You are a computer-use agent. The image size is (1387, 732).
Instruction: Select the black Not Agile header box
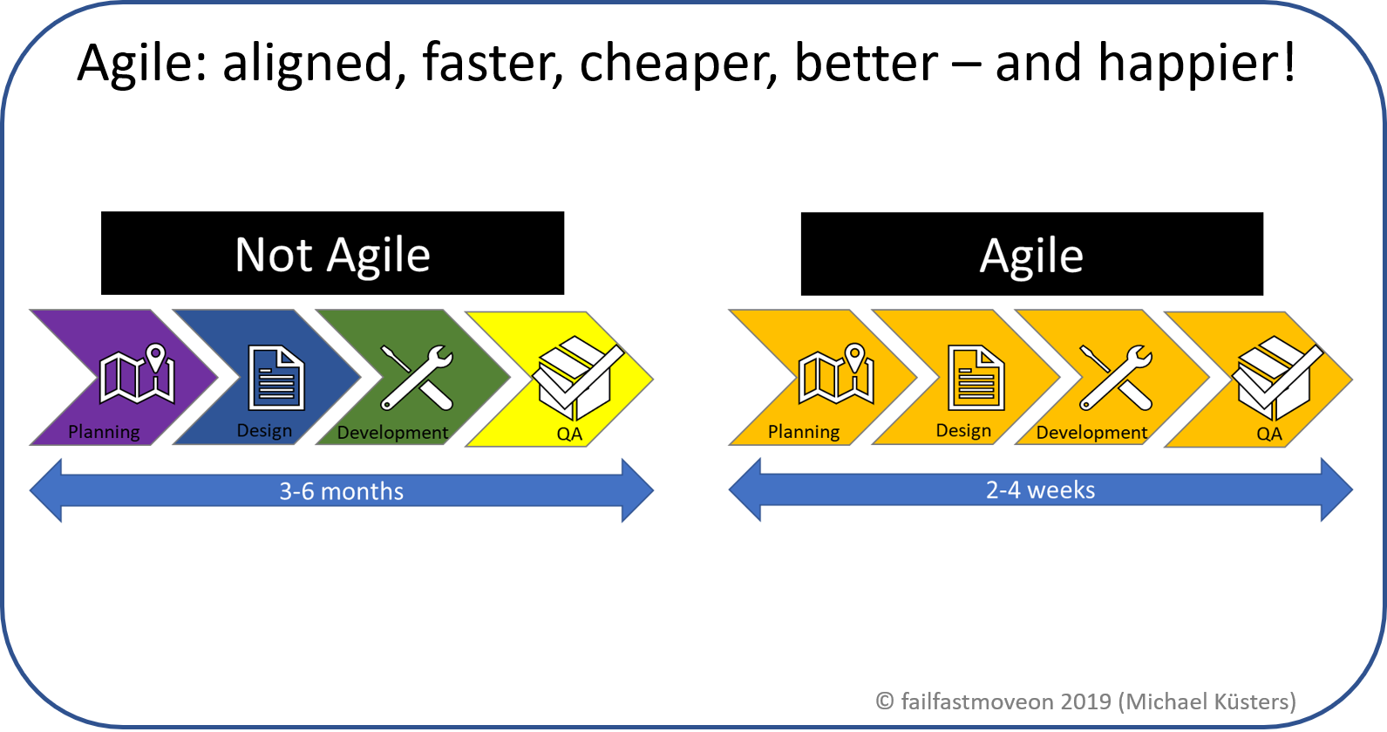[332, 254]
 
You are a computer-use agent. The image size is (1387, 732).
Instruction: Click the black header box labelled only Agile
[1031, 255]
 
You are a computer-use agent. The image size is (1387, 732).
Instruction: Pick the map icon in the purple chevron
[137, 375]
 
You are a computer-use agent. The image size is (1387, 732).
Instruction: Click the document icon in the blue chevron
[275, 378]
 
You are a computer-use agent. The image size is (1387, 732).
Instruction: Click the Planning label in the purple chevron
[104, 432]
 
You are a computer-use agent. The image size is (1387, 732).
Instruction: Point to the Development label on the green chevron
[392, 433]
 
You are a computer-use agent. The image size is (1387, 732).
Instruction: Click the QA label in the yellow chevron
[568, 434]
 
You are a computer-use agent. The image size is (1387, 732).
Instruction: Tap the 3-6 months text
[341, 491]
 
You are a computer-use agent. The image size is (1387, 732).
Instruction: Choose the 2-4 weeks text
[1040, 490]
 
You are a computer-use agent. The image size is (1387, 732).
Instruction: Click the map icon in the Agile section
[836, 375]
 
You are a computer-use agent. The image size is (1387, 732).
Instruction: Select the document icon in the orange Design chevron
[976, 378]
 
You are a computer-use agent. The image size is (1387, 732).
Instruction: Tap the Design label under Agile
[963, 430]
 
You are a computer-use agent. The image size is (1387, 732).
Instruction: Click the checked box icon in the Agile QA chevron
[1276, 379]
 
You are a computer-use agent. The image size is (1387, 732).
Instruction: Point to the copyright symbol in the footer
[885, 701]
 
